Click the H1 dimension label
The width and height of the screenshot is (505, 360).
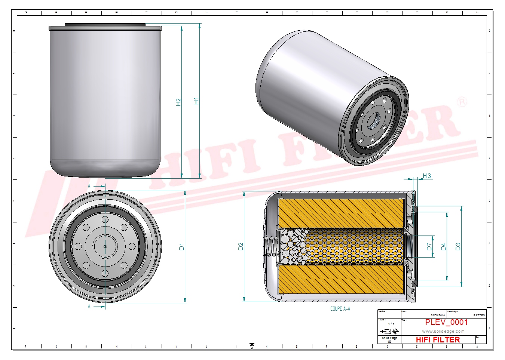click(x=196, y=101)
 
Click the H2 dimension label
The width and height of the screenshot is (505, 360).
click(x=178, y=102)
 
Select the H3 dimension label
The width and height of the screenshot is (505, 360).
click(x=426, y=176)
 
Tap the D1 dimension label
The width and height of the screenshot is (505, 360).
click(x=182, y=247)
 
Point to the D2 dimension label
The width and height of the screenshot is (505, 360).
click(x=241, y=247)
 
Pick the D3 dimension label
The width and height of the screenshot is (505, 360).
click(x=458, y=247)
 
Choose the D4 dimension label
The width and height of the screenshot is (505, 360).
click(x=443, y=247)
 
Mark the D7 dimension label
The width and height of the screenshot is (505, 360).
click(x=429, y=247)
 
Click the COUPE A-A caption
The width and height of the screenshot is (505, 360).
click(x=340, y=309)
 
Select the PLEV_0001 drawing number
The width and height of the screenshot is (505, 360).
click(x=446, y=322)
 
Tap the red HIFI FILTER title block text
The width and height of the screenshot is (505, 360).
click(x=438, y=339)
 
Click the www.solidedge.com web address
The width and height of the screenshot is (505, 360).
click(x=443, y=331)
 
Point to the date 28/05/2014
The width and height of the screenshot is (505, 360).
click(x=438, y=315)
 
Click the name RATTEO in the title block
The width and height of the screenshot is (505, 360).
click(x=479, y=315)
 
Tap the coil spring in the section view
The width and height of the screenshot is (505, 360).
click(x=271, y=247)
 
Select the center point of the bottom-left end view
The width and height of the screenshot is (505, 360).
click(x=105, y=246)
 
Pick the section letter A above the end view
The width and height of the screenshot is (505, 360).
click(x=89, y=186)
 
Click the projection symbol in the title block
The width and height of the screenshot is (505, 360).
click(x=389, y=331)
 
